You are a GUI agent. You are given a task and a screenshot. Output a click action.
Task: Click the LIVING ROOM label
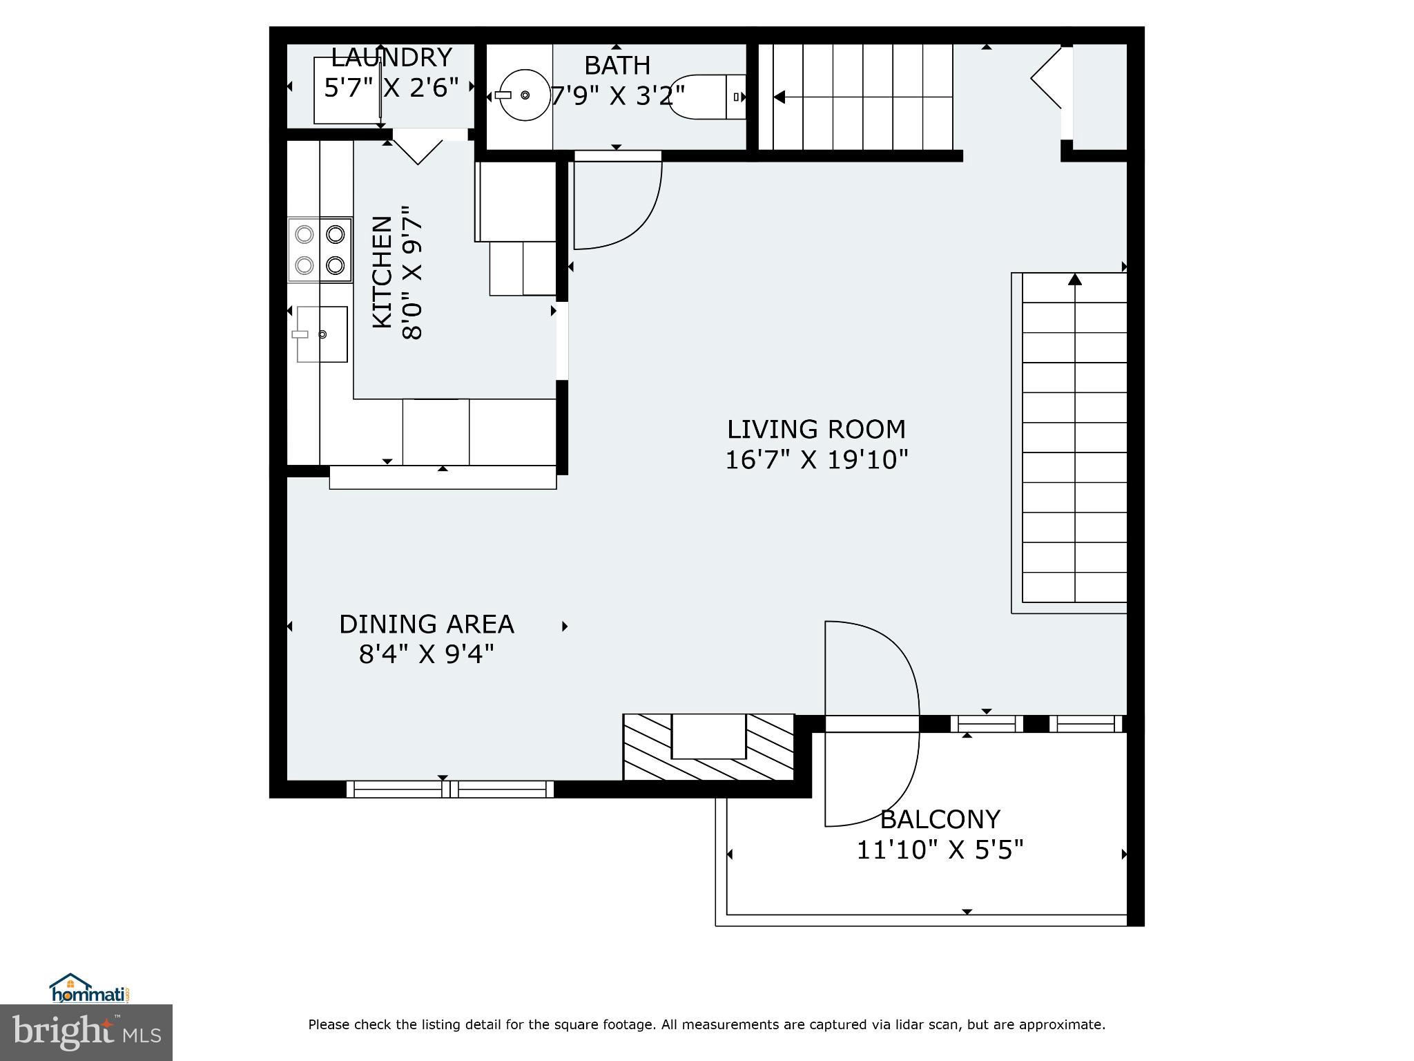(x=816, y=430)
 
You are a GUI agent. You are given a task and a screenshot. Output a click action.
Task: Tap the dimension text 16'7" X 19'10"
(x=816, y=460)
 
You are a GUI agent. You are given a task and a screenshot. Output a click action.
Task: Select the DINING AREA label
(x=426, y=624)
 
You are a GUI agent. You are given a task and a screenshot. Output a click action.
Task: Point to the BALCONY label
(x=940, y=820)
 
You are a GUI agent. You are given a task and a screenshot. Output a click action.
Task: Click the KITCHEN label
(x=382, y=272)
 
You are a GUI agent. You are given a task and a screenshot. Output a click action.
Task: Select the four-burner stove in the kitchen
(x=320, y=249)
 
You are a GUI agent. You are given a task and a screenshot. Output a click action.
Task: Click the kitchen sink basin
(x=322, y=334)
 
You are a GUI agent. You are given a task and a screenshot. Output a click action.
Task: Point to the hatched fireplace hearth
(x=708, y=748)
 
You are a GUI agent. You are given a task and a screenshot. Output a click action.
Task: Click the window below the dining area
(x=449, y=789)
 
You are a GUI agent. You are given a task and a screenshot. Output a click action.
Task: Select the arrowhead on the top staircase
(x=779, y=97)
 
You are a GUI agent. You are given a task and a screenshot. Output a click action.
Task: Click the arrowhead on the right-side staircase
(x=1074, y=280)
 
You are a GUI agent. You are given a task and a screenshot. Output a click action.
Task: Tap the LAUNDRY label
(x=391, y=57)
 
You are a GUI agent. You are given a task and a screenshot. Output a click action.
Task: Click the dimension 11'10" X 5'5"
(x=940, y=850)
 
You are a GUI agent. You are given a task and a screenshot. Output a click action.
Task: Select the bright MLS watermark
(x=86, y=1033)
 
